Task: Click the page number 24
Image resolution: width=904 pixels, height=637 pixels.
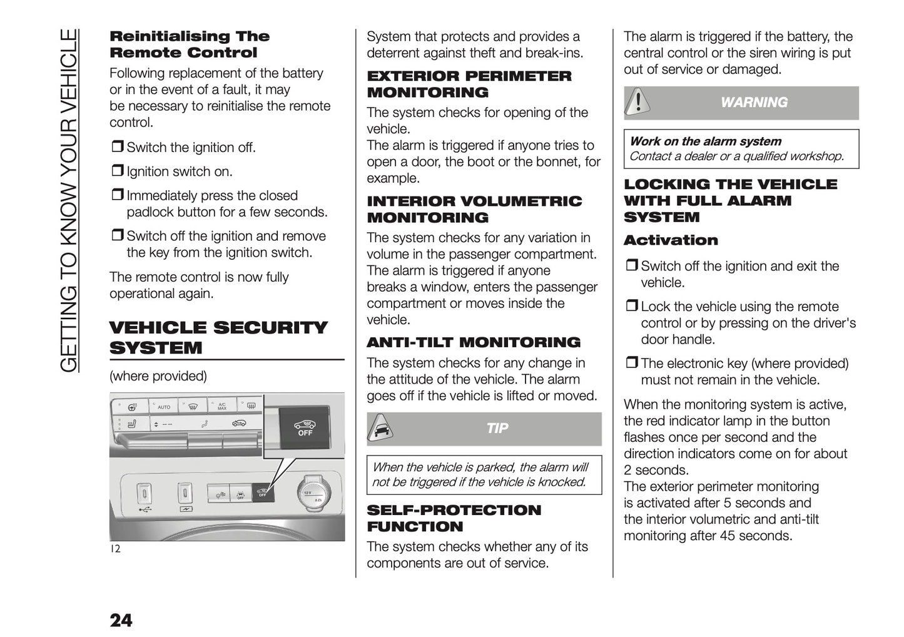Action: click(x=121, y=620)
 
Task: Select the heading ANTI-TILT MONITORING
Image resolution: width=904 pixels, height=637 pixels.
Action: click(x=473, y=342)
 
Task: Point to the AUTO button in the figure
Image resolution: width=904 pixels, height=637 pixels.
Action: click(x=163, y=407)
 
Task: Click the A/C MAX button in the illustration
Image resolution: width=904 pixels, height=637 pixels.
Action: click(x=222, y=407)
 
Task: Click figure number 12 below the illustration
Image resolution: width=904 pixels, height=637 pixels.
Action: click(x=115, y=549)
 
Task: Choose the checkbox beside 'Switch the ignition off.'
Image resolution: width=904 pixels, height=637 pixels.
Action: click(x=117, y=148)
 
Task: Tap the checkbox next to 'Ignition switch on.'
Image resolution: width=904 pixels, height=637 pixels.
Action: click(x=117, y=171)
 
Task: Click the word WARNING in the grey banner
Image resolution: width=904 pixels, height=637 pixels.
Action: click(x=754, y=103)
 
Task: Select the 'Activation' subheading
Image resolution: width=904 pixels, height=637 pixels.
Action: click(x=671, y=240)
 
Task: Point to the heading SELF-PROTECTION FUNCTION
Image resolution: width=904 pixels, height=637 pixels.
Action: click(x=454, y=518)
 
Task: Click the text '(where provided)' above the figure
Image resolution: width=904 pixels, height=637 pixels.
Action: click(x=158, y=376)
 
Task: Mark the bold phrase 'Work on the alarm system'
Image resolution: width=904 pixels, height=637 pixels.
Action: click(x=705, y=141)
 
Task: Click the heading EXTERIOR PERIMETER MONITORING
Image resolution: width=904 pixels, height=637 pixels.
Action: click(x=469, y=84)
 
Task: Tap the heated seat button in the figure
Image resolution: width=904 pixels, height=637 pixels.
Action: click(x=132, y=425)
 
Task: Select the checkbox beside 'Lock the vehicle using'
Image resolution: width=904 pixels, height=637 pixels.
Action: click(x=631, y=307)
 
